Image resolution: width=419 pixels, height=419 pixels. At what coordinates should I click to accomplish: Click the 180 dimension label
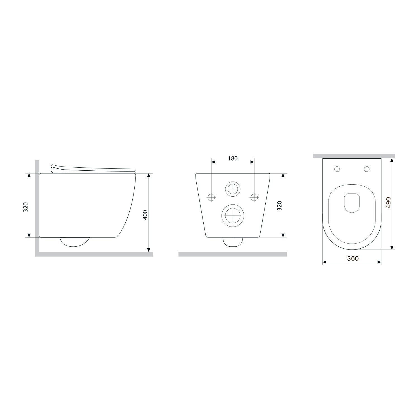232,158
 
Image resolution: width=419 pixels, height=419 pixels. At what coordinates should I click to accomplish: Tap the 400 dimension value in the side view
145,215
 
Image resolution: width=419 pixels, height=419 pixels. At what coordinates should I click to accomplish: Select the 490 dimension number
388,203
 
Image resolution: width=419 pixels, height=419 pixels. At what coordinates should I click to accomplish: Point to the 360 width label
353,258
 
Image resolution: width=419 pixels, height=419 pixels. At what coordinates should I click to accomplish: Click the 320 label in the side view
25,207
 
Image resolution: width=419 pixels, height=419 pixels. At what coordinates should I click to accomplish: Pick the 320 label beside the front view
279,206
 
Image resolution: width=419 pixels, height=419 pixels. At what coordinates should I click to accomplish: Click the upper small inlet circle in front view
233,189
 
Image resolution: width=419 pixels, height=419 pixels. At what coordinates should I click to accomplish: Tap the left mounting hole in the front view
211,197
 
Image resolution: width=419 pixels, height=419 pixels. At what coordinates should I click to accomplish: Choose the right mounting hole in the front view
254,197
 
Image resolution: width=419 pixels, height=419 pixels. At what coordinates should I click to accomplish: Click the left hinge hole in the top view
337,169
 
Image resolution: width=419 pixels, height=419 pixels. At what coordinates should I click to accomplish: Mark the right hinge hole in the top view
367,169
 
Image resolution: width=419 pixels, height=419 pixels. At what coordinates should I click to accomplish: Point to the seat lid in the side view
92,168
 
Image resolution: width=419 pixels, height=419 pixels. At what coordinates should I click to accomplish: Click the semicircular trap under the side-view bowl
75,242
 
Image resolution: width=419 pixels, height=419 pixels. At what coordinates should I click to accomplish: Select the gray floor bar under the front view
232,254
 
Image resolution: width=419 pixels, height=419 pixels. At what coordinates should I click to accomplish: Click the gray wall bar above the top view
354,156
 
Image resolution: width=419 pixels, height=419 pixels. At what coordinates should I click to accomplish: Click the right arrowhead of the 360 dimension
379,262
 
